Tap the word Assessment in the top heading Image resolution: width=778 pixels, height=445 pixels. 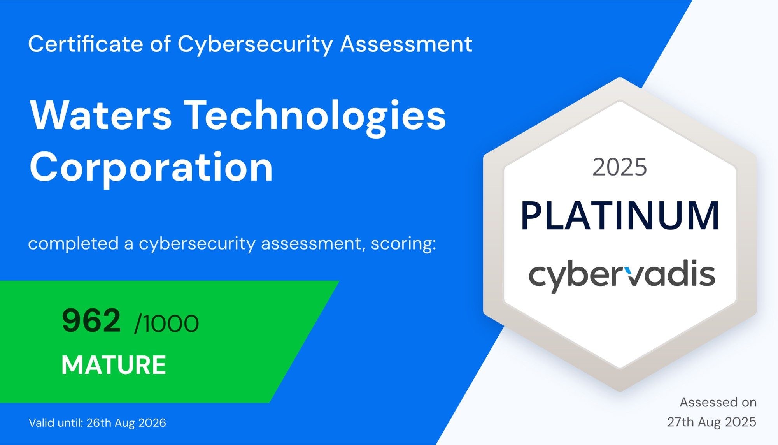pyautogui.click(x=407, y=44)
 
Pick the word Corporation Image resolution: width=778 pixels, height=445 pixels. pyautogui.click(x=151, y=168)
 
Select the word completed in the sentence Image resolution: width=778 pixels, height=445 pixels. pyautogui.click(x=74, y=244)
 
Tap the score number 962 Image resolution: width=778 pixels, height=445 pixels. pyautogui.click(x=91, y=320)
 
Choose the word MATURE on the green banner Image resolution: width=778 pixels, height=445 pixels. pyautogui.click(x=114, y=365)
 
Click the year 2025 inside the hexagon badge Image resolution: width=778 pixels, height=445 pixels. pyautogui.click(x=620, y=167)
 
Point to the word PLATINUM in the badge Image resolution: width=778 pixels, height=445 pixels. pyautogui.click(x=620, y=215)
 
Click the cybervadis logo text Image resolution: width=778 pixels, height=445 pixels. pyautogui.click(x=622, y=276)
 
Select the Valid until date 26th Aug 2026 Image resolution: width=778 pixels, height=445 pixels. pyautogui.click(x=126, y=423)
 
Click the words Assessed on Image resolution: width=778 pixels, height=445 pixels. pyautogui.click(x=718, y=402)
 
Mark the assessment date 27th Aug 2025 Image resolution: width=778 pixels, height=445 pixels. pyautogui.click(x=712, y=422)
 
